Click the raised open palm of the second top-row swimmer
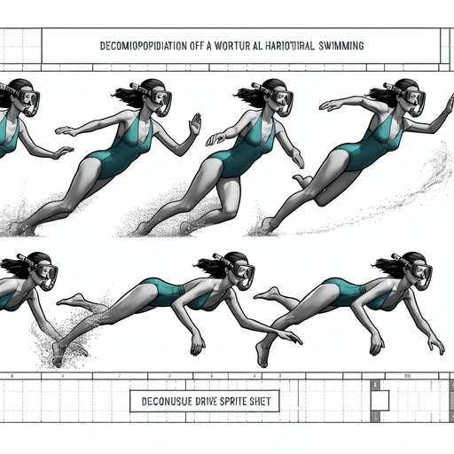pyautogui.click(x=194, y=123)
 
